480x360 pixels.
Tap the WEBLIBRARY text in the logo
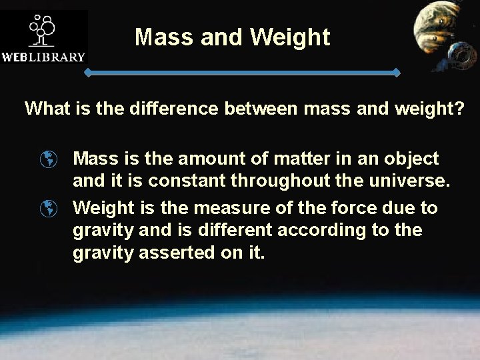click(44, 57)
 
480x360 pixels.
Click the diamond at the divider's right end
click(398, 71)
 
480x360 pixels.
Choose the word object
click(410, 159)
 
